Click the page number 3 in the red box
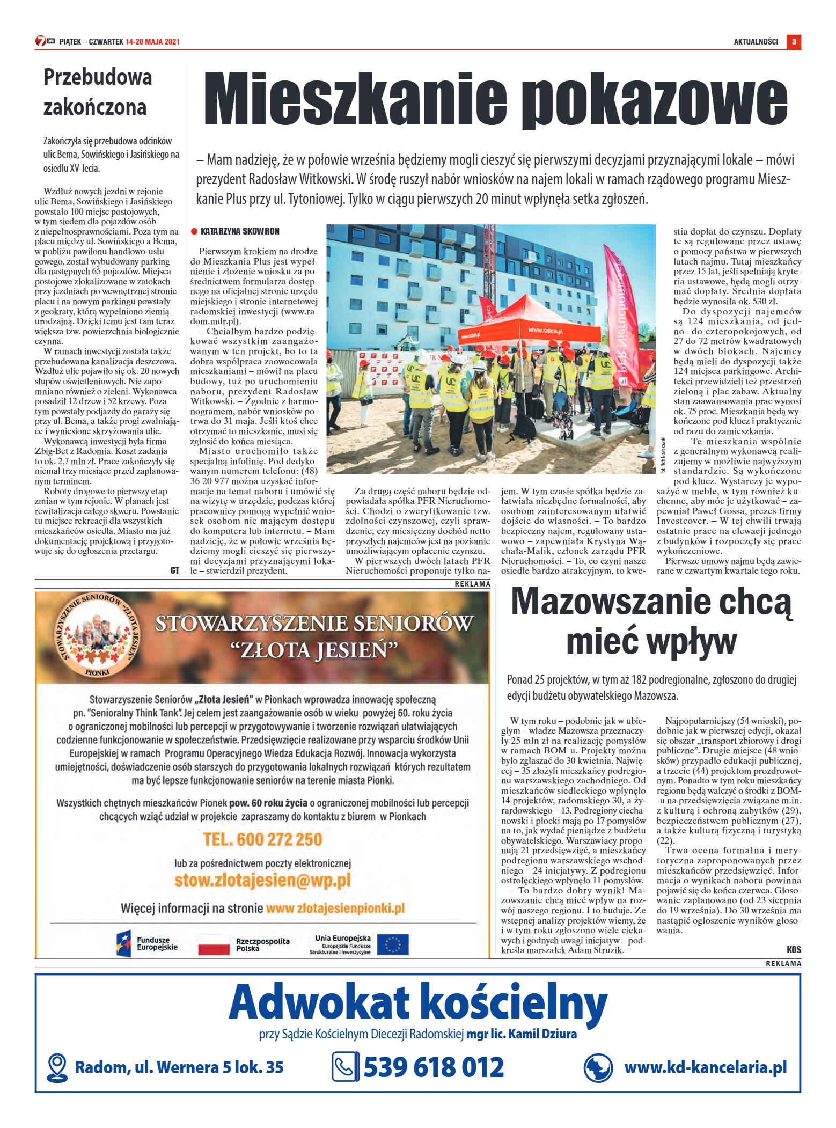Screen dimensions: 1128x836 794,42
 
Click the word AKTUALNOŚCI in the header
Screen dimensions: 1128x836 756,42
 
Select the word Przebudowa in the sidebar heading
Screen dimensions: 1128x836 98,77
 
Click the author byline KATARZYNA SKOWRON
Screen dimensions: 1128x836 240,231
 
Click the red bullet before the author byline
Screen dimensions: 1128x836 194,231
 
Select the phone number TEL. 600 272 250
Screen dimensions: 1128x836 262,839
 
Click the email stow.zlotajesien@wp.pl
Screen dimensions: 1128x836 262,880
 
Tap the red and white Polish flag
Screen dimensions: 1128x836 214,944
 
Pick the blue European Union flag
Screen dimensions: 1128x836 392,944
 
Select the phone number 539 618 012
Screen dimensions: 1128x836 434,1067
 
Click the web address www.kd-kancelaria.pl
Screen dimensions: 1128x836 705,1067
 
